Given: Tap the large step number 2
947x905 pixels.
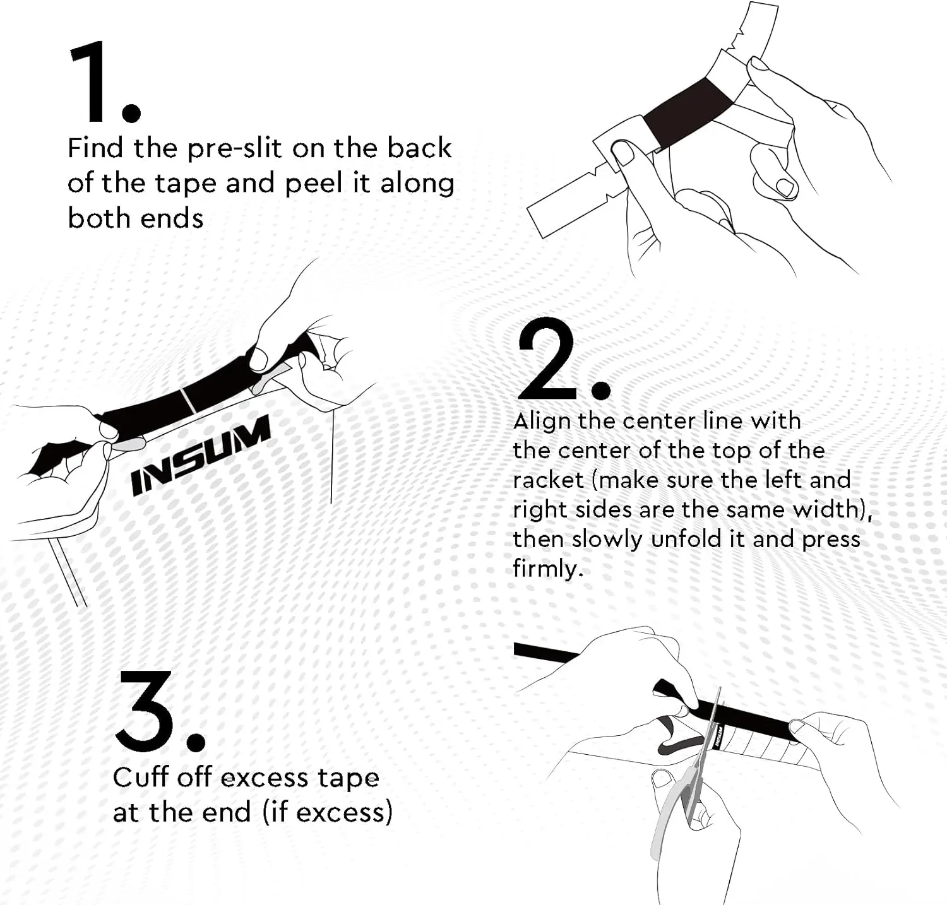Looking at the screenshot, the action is pos(546,358).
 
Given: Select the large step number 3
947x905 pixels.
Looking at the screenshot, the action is pos(146,711).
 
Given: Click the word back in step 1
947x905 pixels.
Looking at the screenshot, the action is pos(420,148).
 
